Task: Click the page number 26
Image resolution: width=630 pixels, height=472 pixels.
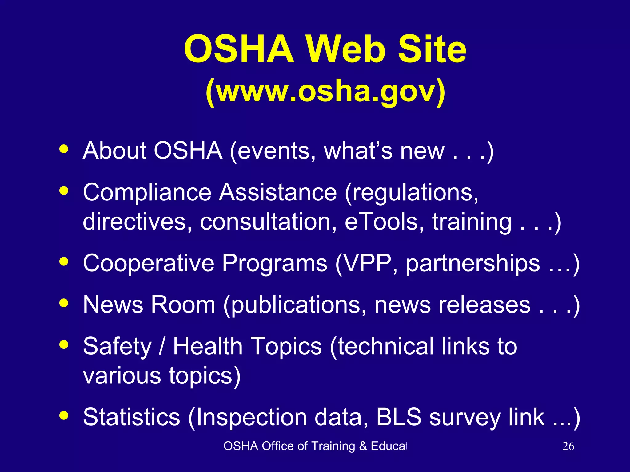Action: pos(568,446)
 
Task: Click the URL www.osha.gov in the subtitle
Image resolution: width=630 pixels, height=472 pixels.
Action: pos(325,92)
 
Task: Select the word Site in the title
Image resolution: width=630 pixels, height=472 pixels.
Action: pos(432,49)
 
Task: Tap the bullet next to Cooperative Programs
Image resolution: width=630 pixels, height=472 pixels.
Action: pos(64,262)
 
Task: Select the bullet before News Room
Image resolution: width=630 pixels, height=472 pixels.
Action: pos(64,303)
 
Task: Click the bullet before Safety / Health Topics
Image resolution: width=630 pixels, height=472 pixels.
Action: pos(64,344)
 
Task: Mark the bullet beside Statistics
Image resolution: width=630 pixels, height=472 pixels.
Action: pos(64,415)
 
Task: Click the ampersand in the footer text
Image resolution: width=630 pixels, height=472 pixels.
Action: pos(363,446)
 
